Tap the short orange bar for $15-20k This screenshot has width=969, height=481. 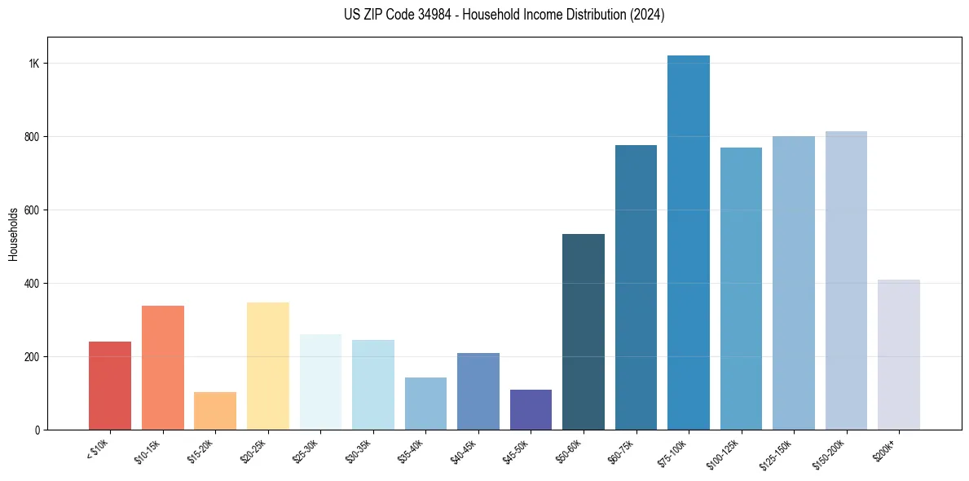click(215, 411)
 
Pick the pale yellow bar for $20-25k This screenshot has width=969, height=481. click(268, 366)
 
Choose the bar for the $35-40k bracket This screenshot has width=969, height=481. click(425, 404)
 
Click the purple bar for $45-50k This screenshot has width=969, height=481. click(531, 409)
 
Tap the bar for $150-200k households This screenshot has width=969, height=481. click(846, 280)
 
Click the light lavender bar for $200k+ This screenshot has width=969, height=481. click(899, 355)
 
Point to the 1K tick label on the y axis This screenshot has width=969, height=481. click(34, 64)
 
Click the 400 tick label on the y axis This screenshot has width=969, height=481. click(32, 284)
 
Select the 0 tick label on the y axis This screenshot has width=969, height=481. click(37, 430)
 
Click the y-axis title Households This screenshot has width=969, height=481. click(13, 234)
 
